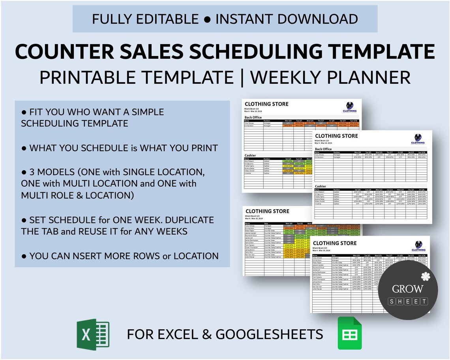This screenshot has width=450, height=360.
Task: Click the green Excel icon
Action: (93, 334)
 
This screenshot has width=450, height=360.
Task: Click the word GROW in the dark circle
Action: (407, 289)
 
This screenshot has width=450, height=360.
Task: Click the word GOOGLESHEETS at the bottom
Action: (269, 335)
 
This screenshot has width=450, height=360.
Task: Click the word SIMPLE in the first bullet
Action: (140, 112)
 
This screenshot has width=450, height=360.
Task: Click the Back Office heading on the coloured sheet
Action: (253, 117)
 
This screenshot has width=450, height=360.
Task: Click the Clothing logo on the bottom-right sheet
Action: (418, 246)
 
